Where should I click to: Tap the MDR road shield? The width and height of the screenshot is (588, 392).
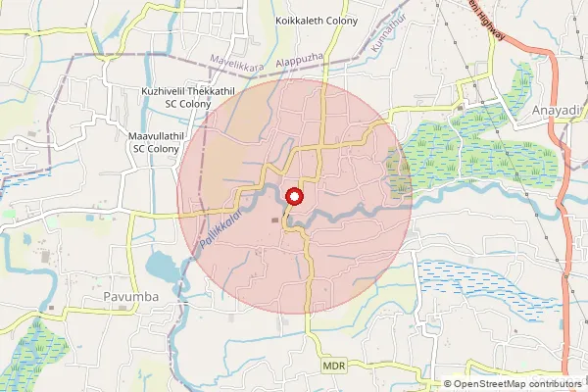point(334,365)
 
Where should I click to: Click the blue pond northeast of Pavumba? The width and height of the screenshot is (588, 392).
point(161,267)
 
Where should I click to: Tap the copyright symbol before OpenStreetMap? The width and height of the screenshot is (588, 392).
point(449,384)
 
